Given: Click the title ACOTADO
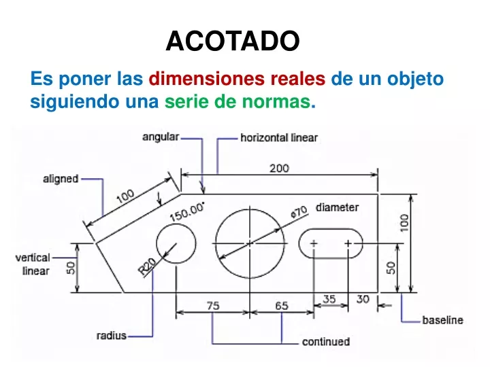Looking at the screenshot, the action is (233, 41).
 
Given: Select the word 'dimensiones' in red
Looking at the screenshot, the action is (207, 78).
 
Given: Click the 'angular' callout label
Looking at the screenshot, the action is (161, 137).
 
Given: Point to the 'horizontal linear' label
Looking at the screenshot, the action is (279, 137).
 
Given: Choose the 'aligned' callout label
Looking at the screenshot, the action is (61, 179).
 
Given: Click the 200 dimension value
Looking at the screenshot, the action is (279, 169).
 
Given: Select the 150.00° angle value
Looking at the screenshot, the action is (187, 211).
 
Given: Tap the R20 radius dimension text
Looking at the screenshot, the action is (147, 266).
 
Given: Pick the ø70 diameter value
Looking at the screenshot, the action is (299, 212).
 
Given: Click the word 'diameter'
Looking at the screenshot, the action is (337, 207).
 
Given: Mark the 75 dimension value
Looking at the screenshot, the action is (213, 306).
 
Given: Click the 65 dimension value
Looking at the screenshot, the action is (282, 306).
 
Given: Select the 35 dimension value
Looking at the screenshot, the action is (329, 299).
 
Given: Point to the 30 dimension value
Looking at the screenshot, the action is (363, 299).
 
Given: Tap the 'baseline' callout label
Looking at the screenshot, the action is (442, 320).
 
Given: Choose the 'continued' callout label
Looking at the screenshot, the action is (326, 342).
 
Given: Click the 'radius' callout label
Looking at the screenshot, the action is (112, 336).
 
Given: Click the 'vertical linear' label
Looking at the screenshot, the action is (33, 264).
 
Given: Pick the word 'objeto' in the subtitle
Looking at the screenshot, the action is (415, 80).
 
